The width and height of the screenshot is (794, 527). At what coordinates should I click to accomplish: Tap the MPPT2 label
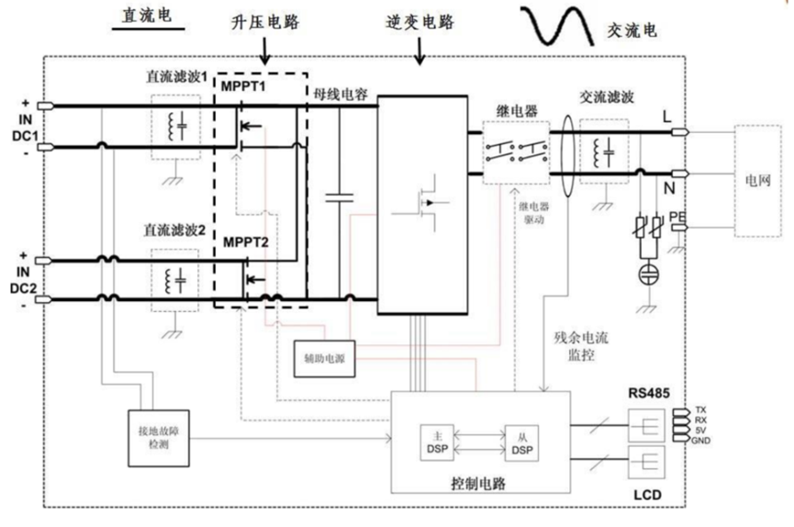tap(246, 242)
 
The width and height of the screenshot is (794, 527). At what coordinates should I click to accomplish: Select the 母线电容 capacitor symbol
tap(340, 196)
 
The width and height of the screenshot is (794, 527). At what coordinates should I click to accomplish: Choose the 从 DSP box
tap(520, 444)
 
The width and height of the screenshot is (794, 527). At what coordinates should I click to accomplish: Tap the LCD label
tap(646, 497)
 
